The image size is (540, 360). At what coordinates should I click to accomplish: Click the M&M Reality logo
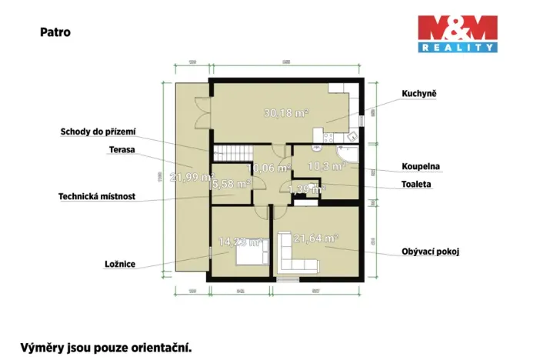457,33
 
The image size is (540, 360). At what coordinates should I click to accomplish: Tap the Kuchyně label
419,94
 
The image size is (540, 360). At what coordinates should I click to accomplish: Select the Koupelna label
421,166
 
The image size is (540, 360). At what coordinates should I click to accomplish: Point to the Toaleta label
416,185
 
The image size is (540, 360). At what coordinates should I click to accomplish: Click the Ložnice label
120,264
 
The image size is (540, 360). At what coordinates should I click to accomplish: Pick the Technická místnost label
97,196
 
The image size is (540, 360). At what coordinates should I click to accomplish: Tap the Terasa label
122,150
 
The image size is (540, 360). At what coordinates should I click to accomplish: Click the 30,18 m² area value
285,113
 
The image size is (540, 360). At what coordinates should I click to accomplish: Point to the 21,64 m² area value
316,239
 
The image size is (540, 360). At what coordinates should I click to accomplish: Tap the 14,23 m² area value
240,242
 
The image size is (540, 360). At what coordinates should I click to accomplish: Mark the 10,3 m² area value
323,165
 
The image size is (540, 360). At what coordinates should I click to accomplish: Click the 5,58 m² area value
230,184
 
